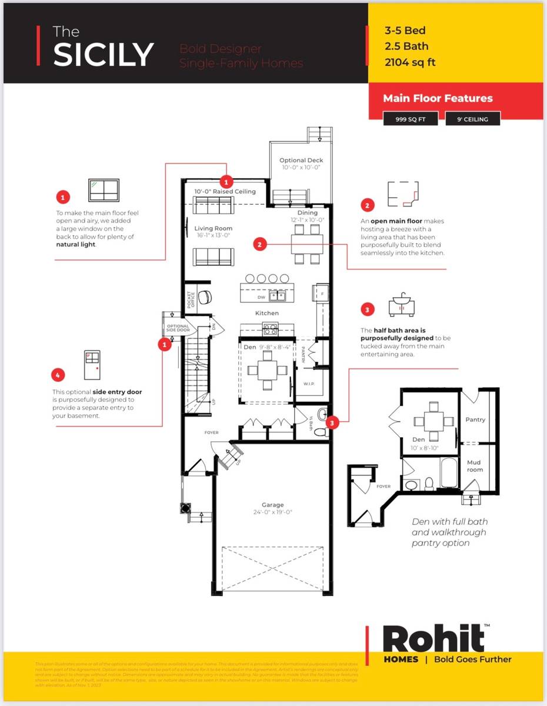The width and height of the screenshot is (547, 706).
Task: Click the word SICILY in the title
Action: tap(103, 54)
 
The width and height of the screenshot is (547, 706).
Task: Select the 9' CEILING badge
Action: tap(472, 119)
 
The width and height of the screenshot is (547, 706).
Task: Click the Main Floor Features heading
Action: tap(438, 98)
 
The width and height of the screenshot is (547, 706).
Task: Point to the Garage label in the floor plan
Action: tap(272, 505)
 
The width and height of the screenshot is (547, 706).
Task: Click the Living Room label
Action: tap(213, 228)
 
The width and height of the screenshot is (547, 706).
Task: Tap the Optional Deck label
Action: tap(301, 160)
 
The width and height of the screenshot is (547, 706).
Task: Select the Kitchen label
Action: tap(266, 313)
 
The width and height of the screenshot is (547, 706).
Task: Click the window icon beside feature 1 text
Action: tap(104, 191)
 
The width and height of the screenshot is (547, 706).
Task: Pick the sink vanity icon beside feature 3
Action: tap(402, 306)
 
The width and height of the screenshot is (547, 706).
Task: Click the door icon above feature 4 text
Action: tap(92, 365)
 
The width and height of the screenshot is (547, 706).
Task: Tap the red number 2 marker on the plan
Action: tap(261, 244)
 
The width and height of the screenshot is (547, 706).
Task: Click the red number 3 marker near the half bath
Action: tap(333, 422)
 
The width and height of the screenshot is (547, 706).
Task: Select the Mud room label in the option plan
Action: tap(474, 466)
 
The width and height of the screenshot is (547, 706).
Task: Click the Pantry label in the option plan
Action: tap(475, 419)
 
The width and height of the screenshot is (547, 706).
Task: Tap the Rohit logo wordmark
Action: tap(433, 638)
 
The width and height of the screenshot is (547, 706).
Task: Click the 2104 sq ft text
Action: tap(409, 62)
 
